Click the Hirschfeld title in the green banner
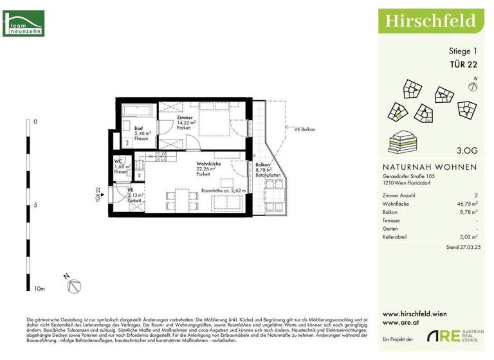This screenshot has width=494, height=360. tap(430, 21)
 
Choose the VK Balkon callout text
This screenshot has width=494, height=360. tap(304, 129)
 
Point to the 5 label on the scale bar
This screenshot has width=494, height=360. tap(35, 205)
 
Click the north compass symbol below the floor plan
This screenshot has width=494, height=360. tap(75, 286)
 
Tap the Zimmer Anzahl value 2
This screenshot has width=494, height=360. tap(475, 194)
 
